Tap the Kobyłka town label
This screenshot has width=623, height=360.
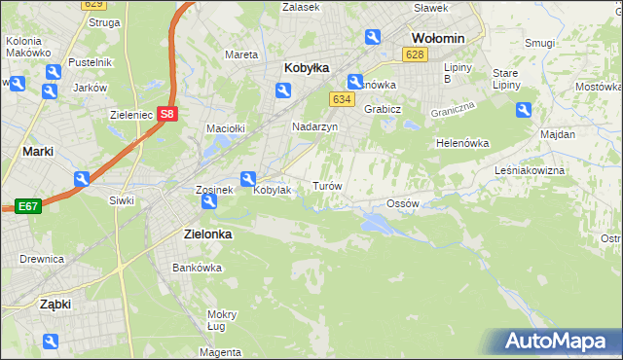(307, 68)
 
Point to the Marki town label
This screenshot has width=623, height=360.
(37, 152)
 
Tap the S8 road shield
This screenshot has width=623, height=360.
(167, 113)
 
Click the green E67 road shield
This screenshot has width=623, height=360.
(26, 206)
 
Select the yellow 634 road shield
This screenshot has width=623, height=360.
(341, 99)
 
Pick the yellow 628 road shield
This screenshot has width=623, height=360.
(416, 54)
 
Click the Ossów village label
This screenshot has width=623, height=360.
(402, 203)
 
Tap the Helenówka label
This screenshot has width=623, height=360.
(461, 143)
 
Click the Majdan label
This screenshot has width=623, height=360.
(557, 133)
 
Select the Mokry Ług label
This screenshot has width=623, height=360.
(222, 320)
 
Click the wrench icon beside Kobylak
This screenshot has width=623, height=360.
(247, 178)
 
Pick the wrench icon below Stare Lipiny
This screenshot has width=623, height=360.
(523, 111)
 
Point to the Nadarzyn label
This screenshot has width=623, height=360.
(315, 126)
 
